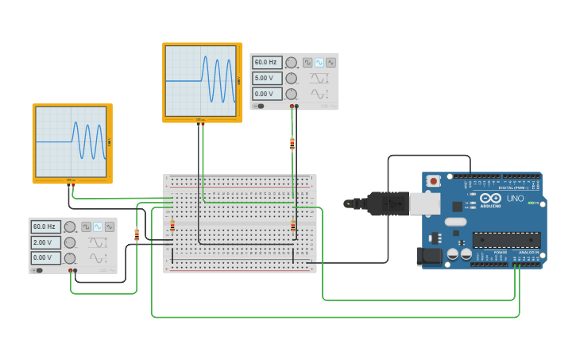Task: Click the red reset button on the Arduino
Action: point(433,181)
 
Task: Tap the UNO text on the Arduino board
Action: point(515,198)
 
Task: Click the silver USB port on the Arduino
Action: point(424,203)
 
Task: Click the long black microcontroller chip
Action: point(506,239)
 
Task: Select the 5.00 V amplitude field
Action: point(267,78)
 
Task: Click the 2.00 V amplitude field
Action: point(45,242)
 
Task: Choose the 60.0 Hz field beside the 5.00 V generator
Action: point(267,62)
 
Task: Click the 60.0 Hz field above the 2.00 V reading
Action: point(45,226)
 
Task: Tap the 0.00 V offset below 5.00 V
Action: point(267,94)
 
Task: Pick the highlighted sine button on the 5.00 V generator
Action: point(319,62)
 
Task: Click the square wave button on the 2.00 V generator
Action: point(86,226)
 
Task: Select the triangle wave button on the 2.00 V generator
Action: point(109,226)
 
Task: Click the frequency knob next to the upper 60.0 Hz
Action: point(291,62)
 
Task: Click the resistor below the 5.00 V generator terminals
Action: point(292,144)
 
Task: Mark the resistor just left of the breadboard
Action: point(137,234)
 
